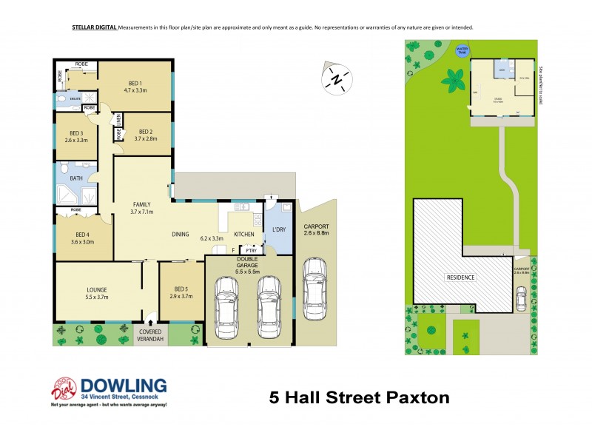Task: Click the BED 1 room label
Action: click(x=135, y=82)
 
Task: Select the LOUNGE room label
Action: click(x=98, y=289)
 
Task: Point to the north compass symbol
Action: click(x=337, y=78)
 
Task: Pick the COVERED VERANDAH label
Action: click(x=151, y=335)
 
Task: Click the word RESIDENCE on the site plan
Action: click(x=460, y=277)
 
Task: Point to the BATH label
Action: click(x=76, y=178)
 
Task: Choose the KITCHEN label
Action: click(x=244, y=235)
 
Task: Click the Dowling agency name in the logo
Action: click(x=124, y=385)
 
